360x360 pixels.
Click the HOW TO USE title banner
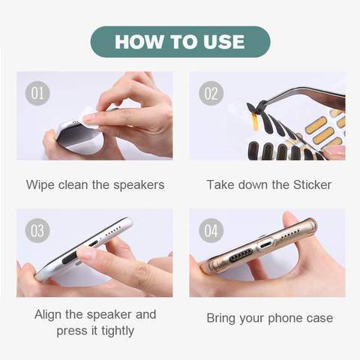[x=180, y=42]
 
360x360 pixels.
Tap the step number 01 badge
[x=37, y=94]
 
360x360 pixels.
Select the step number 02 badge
[x=211, y=94]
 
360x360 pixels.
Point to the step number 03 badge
[x=37, y=230]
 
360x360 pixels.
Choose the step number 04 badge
[x=211, y=230]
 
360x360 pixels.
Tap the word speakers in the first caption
[x=138, y=184]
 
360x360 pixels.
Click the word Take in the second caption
[x=220, y=184]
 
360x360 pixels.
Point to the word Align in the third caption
[x=49, y=314]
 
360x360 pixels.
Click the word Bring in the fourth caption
[x=223, y=318]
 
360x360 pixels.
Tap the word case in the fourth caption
[x=319, y=318]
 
